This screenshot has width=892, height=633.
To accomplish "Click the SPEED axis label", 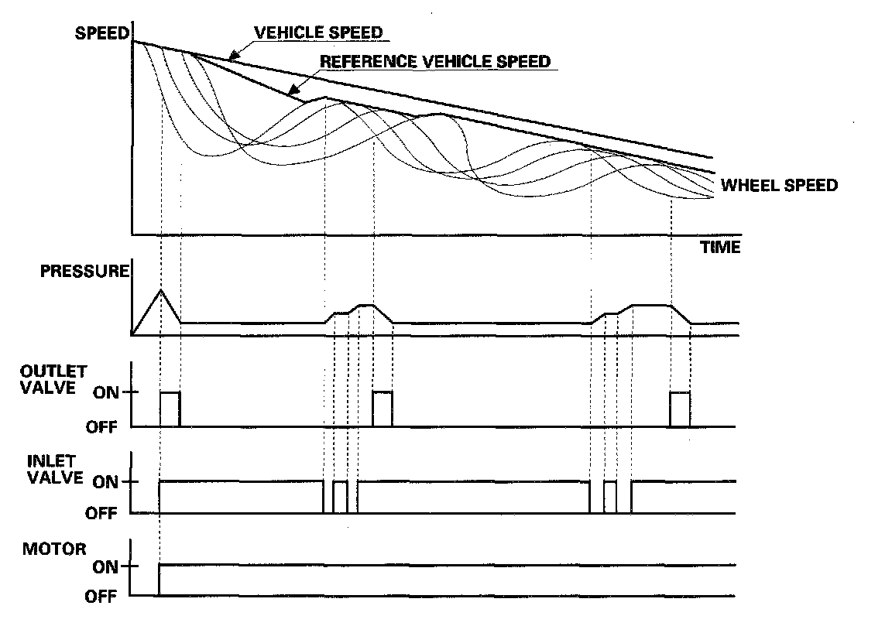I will coord(101,33).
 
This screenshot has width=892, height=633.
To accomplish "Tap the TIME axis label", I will coord(720,248).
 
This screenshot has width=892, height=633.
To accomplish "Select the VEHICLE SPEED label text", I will coord(318,33).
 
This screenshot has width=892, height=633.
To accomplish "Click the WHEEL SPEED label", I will coord(779,186).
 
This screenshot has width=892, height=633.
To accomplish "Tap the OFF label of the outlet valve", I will coord(101,426).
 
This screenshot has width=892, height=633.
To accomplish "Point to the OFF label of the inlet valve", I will coord(101,512).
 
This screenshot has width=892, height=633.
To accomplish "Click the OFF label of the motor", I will coord(101,597).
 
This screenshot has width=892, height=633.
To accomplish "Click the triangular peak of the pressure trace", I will coord(160,290).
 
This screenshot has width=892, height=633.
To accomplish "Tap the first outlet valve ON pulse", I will coord(170,408).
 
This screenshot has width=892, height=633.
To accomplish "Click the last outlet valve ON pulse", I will coord(680,408).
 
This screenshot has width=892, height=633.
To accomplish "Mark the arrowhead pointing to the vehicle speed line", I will coord(232,55).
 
